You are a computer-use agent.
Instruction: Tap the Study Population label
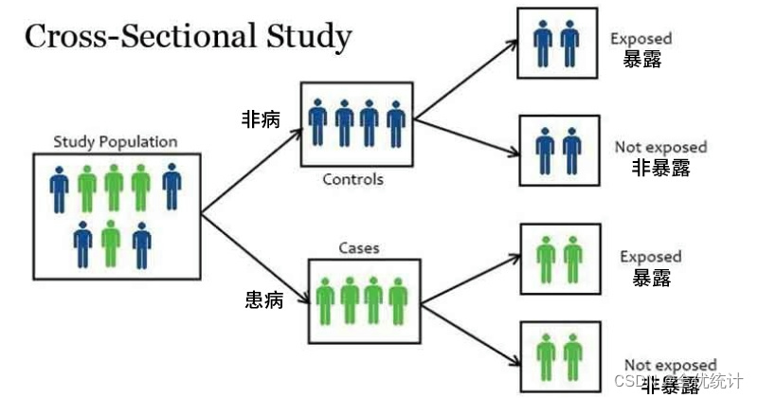click(116, 142)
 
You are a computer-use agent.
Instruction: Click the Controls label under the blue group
click(353, 179)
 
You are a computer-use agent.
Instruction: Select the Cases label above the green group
click(359, 248)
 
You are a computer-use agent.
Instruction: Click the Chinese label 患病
click(262, 301)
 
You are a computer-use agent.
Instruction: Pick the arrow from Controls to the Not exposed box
click(464, 134)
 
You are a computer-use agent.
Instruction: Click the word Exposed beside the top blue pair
click(641, 39)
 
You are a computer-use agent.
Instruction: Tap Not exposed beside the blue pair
click(660, 147)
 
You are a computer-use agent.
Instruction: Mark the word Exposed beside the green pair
click(650, 257)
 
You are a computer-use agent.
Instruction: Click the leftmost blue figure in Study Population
click(60, 188)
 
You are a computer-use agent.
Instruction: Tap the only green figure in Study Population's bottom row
click(111, 244)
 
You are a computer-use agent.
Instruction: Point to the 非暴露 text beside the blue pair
click(661, 169)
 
